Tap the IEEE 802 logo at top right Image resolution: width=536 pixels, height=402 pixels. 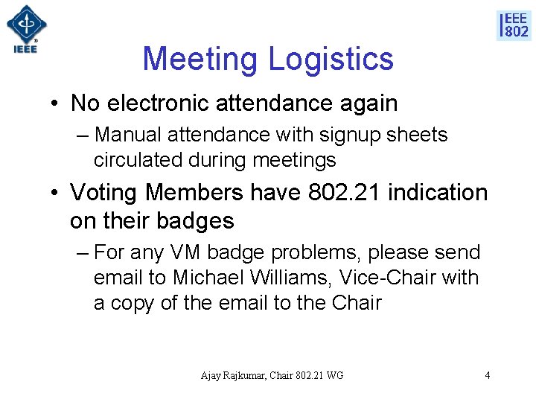point(514,25)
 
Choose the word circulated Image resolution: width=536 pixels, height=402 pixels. point(136,160)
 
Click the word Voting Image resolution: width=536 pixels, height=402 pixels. point(105,193)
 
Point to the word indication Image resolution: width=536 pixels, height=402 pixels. point(438,193)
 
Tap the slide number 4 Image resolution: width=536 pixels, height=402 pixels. point(488,375)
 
